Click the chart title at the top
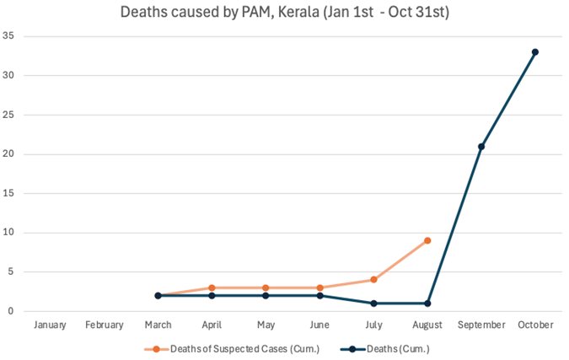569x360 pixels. tap(284, 13)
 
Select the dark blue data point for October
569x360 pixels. tap(534, 52)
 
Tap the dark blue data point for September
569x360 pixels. tap(481, 147)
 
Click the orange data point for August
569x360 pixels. tap(428, 240)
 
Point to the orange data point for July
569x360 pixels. tap(374, 280)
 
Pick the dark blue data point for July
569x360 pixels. tap(374, 304)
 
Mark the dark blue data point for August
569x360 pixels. tap(428, 304)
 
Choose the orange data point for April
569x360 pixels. tap(212, 288)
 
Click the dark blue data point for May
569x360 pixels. tap(266, 296)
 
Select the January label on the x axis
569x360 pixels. tap(51, 325)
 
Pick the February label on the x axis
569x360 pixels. tap(104, 325)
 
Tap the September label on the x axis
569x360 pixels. tap(481, 325)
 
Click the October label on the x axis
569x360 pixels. tap(534, 325)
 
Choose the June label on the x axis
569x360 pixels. tap(320, 325)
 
